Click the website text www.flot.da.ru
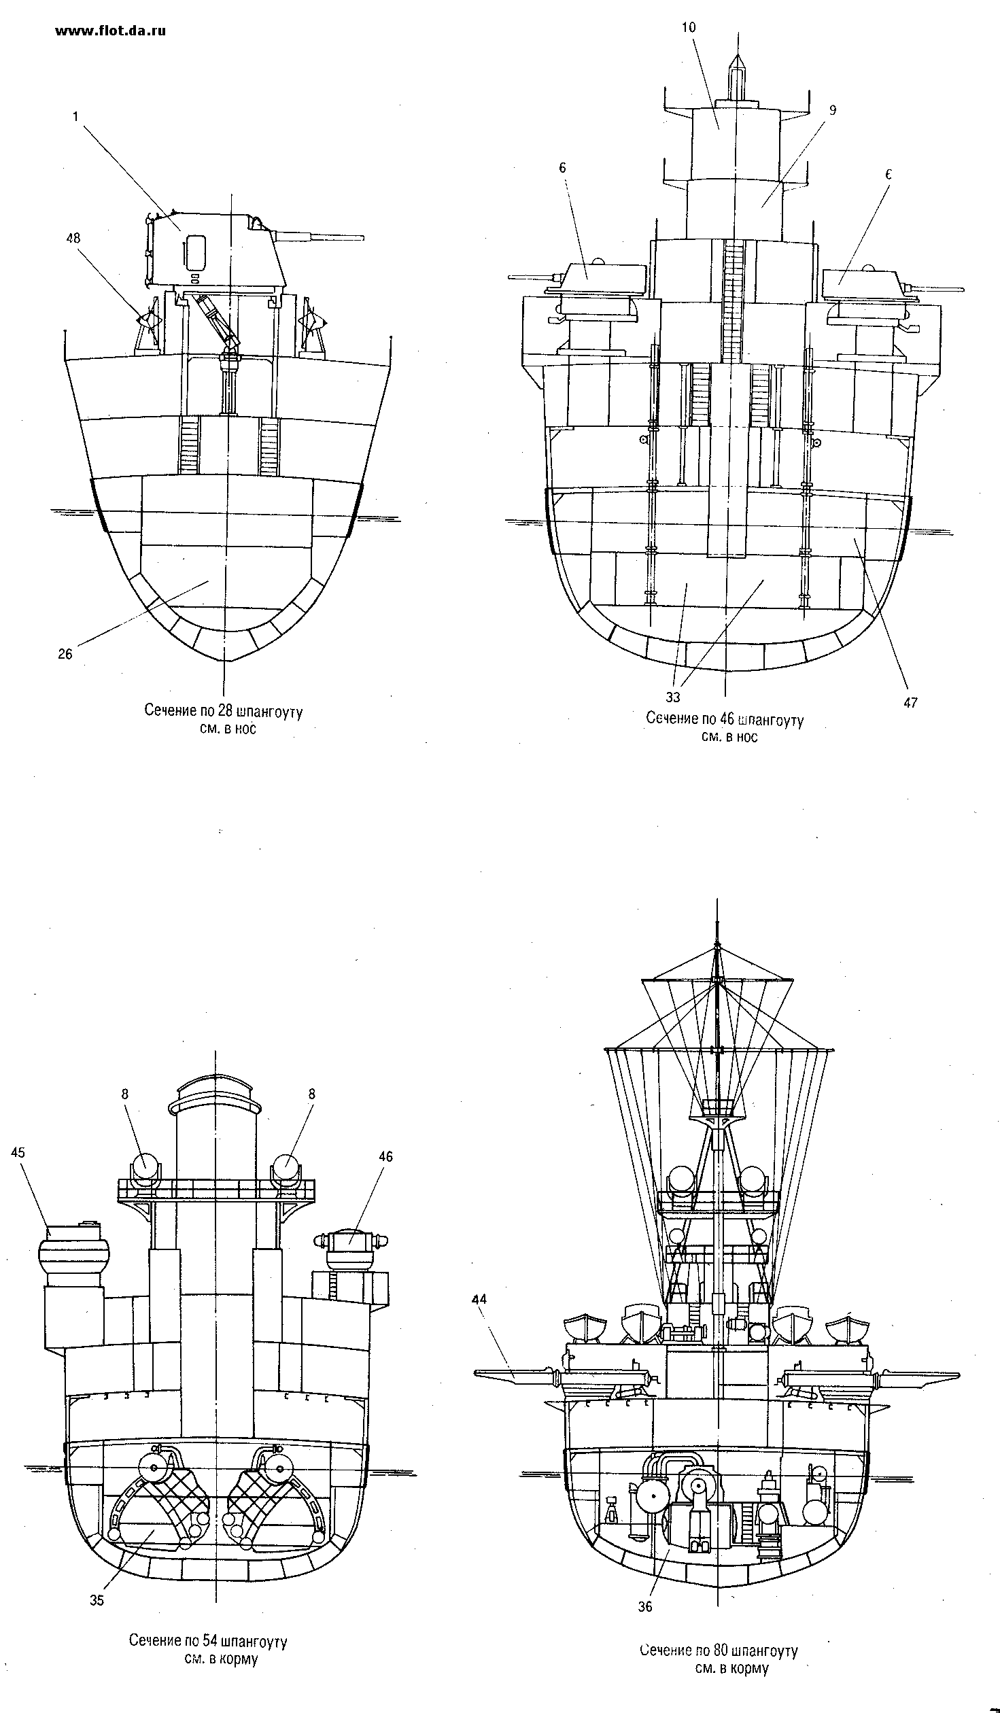click(110, 31)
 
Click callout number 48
click(73, 238)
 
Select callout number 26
click(65, 654)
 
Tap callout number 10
click(690, 27)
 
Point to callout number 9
click(813, 110)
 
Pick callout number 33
click(673, 697)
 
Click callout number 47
click(910, 703)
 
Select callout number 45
click(18, 1152)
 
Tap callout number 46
click(385, 1156)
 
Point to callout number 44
click(479, 1299)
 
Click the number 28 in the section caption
click(225, 711)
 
